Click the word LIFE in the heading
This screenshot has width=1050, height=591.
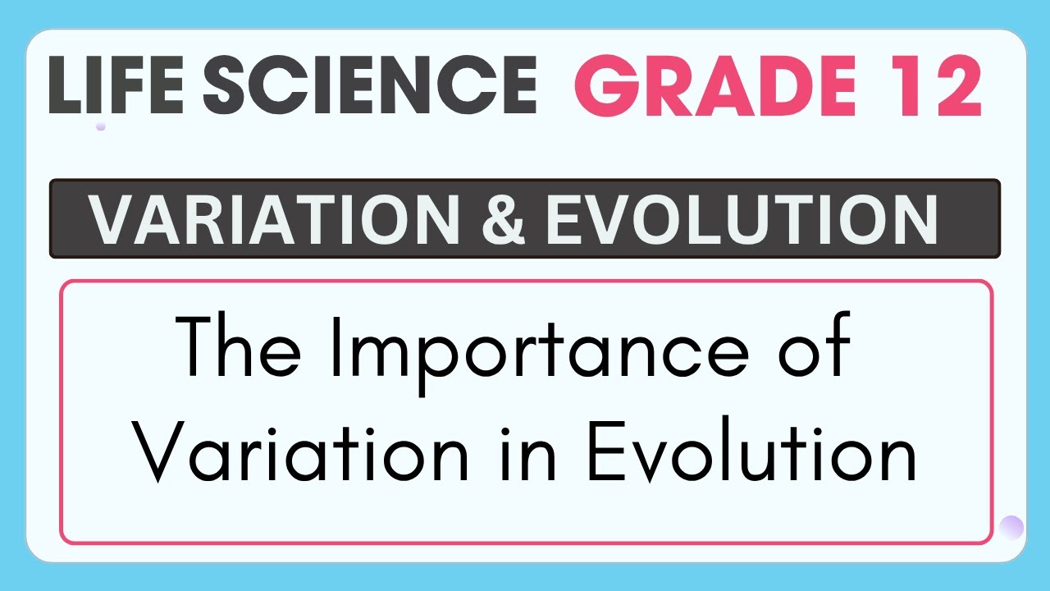click(116, 85)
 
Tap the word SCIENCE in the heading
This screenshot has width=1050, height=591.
click(370, 85)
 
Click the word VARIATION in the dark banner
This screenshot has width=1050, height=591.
click(275, 219)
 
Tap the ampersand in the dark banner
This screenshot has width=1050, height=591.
click(504, 219)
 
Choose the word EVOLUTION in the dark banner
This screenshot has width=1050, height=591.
click(742, 219)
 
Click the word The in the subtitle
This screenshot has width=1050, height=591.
click(238, 346)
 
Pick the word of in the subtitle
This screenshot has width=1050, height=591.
click(815, 344)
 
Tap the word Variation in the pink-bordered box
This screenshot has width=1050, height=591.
click(303, 451)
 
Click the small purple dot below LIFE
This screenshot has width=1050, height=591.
click(100, 126)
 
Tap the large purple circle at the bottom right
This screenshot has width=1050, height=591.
click(1011, 527)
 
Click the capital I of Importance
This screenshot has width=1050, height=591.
click(336, 346)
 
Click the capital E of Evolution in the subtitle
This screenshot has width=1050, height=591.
click(605, 451)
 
